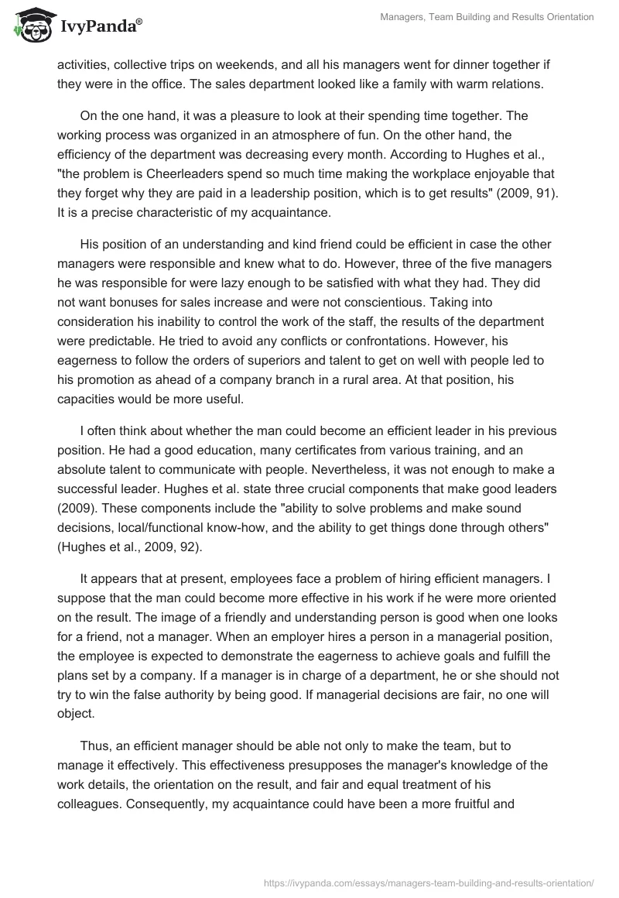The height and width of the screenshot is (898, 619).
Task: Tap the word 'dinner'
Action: [x=457, y=64]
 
